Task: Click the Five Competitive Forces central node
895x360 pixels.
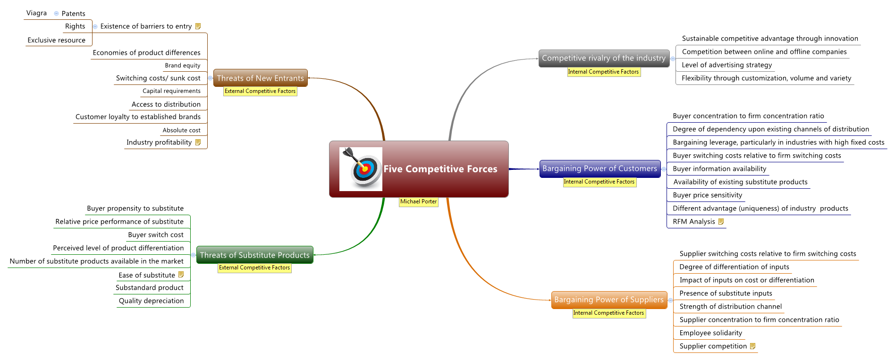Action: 440,169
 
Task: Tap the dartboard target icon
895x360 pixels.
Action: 361,168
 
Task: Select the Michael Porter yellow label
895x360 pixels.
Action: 418,201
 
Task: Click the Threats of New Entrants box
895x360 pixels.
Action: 260,78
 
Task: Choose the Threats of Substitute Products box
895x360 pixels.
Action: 254,255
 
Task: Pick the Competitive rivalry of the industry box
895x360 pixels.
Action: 603,58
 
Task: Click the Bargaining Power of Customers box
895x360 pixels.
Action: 599,168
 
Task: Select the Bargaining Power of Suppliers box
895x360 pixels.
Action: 608,300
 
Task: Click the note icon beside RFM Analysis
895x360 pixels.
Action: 721,221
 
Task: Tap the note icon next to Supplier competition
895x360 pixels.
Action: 752,346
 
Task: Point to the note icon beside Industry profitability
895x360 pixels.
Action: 198,142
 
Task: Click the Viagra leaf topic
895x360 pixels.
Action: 37,13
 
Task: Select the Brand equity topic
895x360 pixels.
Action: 183,66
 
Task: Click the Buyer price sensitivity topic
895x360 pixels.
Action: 707,195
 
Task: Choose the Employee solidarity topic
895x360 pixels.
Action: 710,333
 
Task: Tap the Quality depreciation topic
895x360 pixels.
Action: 151,301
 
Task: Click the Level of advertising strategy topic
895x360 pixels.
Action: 726,65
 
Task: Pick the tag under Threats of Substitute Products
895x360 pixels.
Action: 254,268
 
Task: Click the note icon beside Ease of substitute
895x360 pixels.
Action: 181,275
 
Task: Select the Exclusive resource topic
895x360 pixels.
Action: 57,40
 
